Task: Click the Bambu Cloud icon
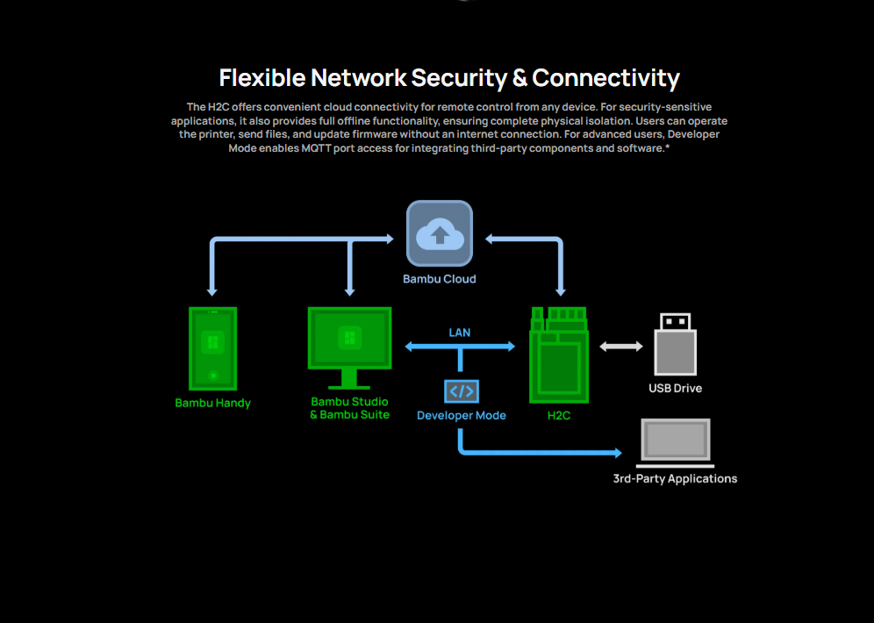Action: pyautogui.click(x=439, y=233)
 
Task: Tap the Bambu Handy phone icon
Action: pyautogui.click(x=212, y=348)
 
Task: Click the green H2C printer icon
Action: pyautogui.click(x=559, y=354)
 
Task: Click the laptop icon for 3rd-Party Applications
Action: pyautogui.click(x=675, y=441)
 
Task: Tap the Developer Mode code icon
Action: pyautogui.click(x=462, y=390)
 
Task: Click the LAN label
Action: pyautogui.click(x=460, y=333)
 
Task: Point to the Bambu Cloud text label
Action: pyautogui.click(x=440, y=279)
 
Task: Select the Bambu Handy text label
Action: pyautogui.click(x=212, y=404)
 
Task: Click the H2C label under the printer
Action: pyautogui.click(x=559, y=415)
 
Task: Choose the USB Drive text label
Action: pyautogui.click(x=675, y=388)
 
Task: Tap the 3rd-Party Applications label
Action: pyautogui.click(x=675, y=479)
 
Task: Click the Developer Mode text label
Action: pyautogui.click(x=462, y=415)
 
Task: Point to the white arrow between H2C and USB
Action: pyautogui.click(x=621, y=347)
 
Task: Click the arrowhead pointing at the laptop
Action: pyautogui.click(x=617, y=454)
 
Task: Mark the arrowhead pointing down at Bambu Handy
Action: pyautogui.click(x=211, y=290)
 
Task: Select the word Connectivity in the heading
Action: pyautogui.click(x=605, y=78)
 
